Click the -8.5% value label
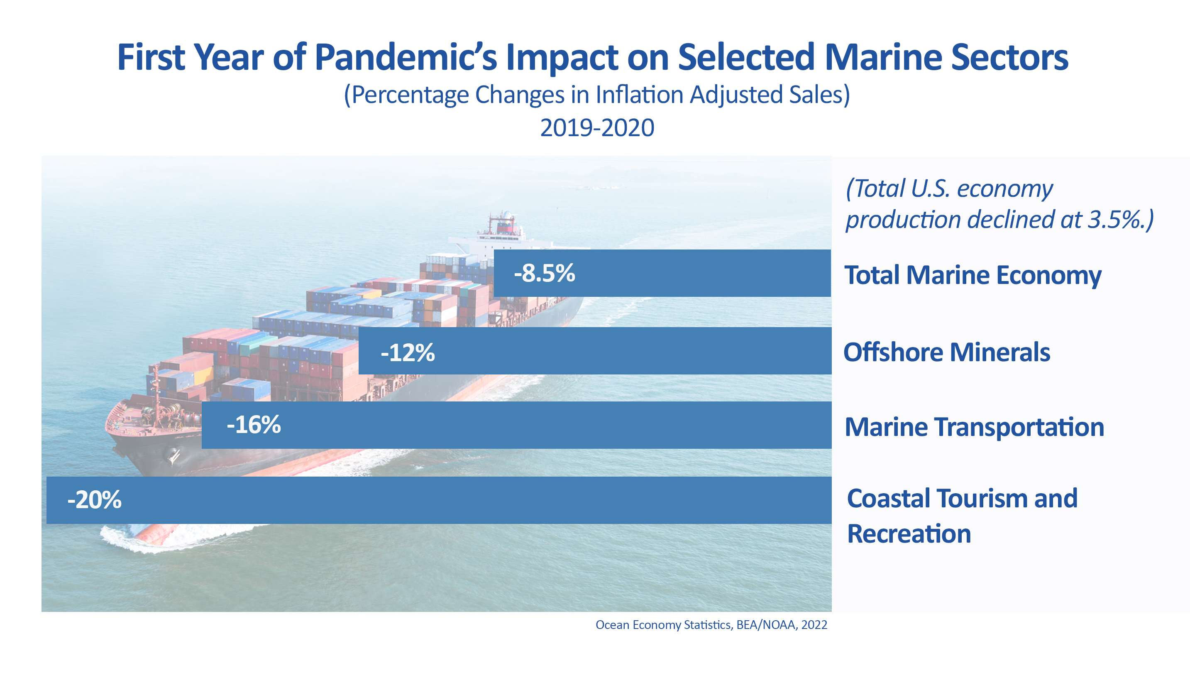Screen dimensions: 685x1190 pyautogui.click(x=544, y=273)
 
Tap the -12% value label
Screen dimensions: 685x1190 pyautogui.click(x=407, y=352)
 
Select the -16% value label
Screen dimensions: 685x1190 pyautogui.click(x=254, y=425)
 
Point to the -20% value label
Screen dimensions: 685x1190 pyautogui.click(x=94, y=500)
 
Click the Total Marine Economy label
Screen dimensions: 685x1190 pyautogui.click(x=972, y=275)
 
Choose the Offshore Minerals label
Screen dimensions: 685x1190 pyautogui.click(x=946, y=352)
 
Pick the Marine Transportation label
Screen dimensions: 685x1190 pyautogui.click(x=974, y=427)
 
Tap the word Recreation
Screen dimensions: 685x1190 pyautogui.click(x=908, y=534)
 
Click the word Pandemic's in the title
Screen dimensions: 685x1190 pyautogui.click(x=405, y=57)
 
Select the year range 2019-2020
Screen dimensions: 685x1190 pyautogui.click(x=596, y=128)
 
